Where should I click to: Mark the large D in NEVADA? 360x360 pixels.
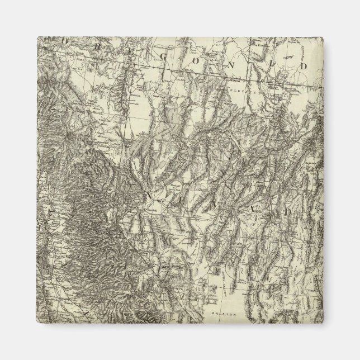click(x=286, y=212)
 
